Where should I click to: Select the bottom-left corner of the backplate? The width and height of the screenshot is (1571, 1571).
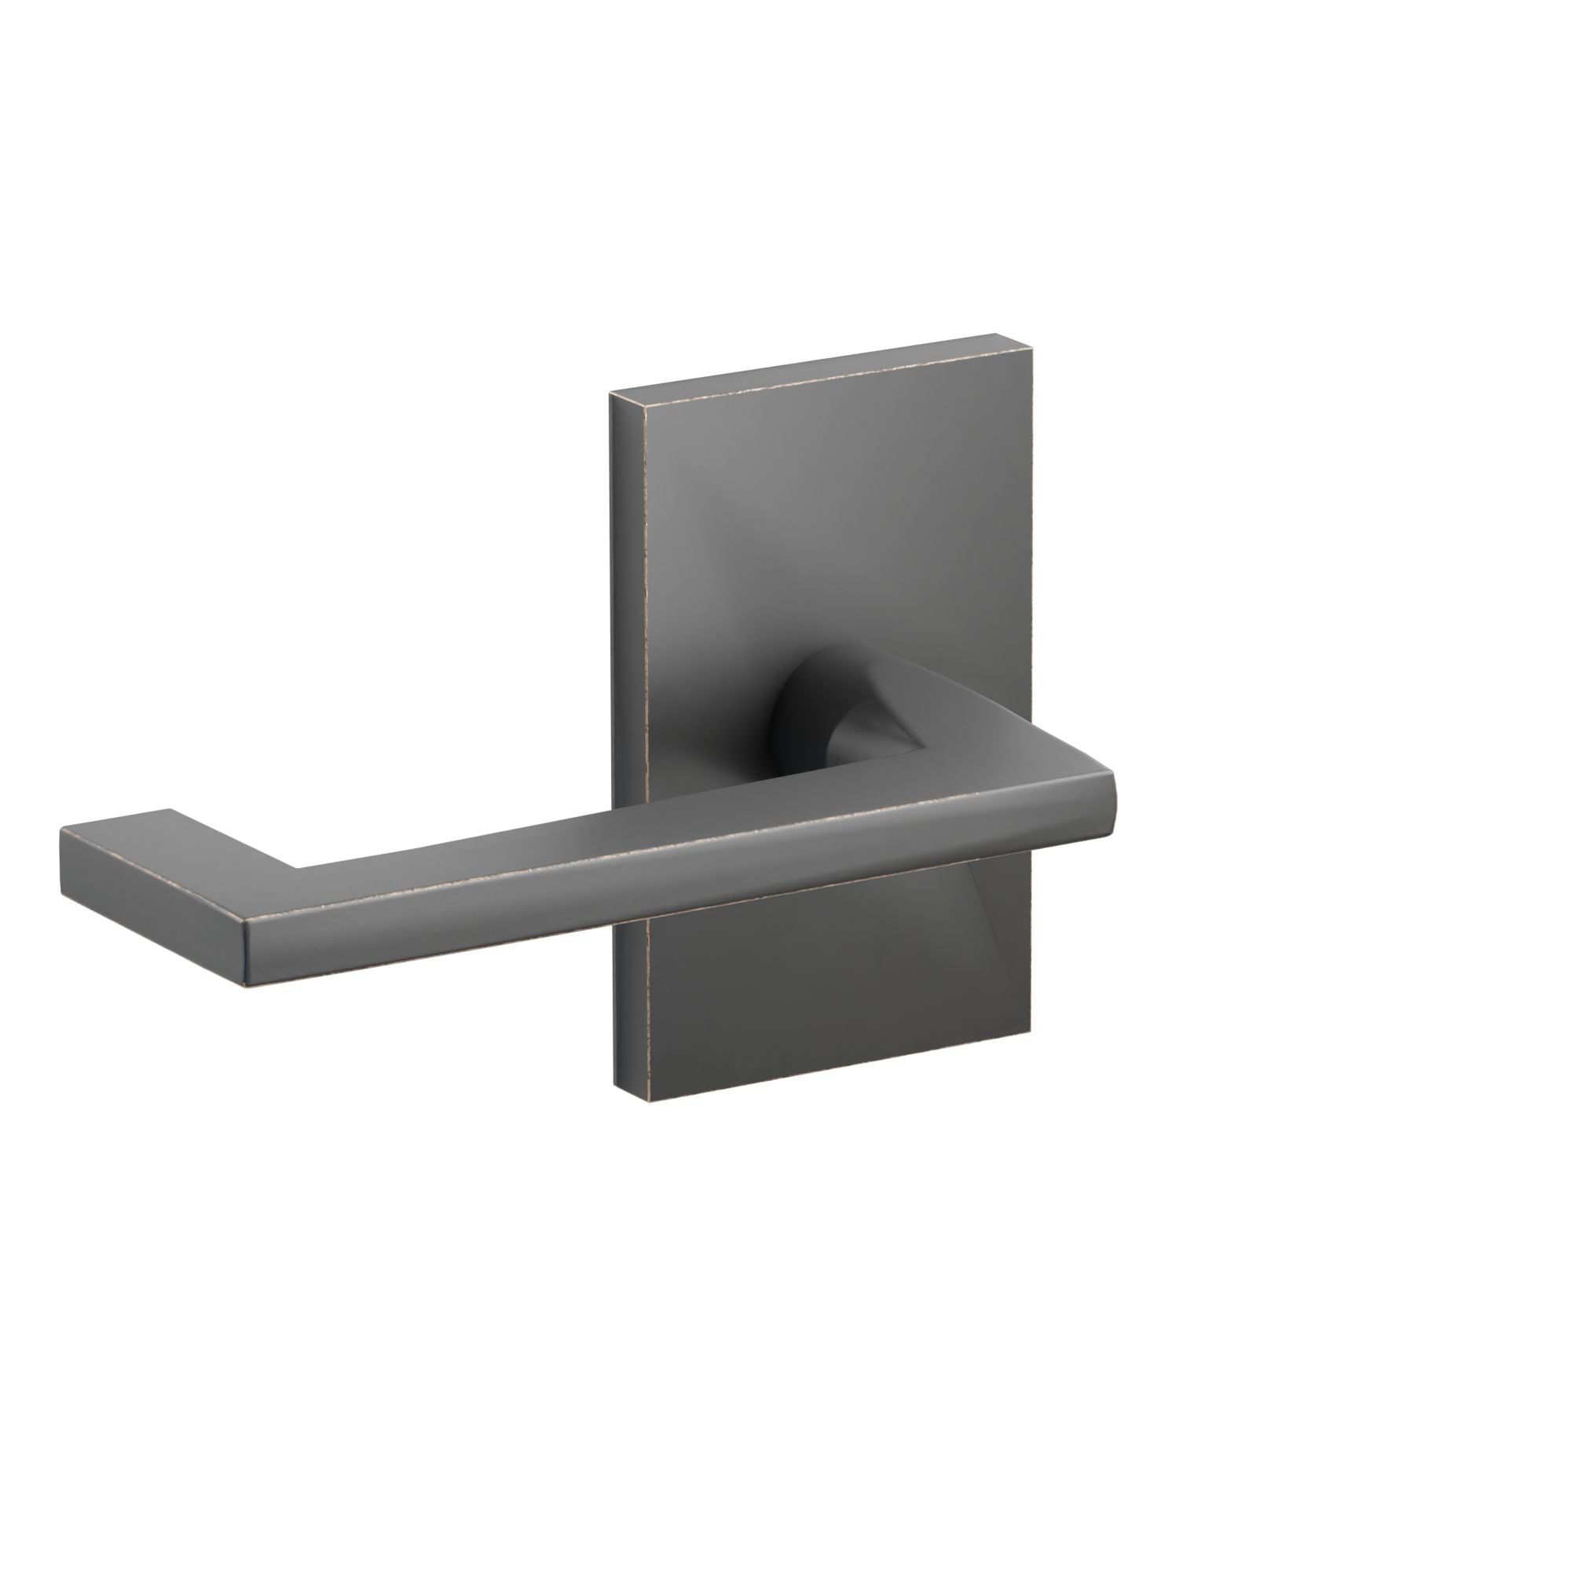pyautogui.click(x=650, y=1101)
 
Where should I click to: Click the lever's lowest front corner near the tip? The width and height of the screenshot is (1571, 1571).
pyautogui.click(x=245, y=988)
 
